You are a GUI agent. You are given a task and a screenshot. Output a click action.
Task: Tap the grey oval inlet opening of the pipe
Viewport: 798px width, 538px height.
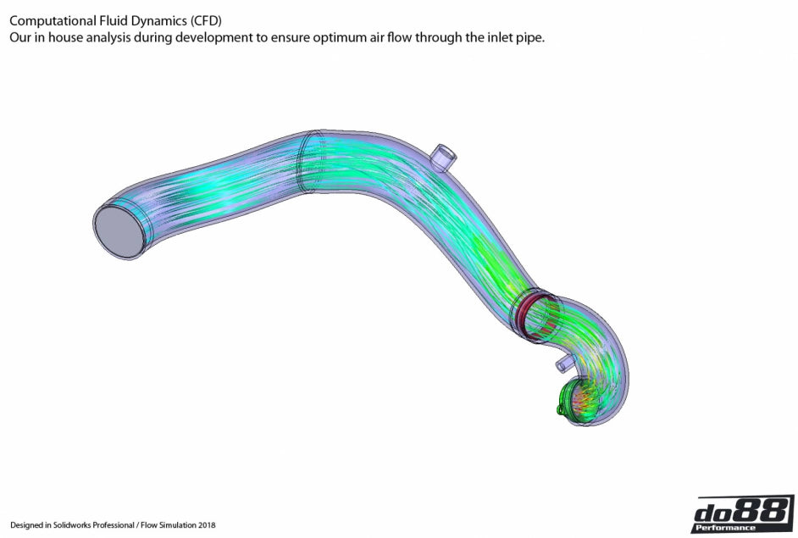(x=119, y=230)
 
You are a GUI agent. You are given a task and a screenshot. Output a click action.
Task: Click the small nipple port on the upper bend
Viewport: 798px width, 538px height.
(x=444, y=157)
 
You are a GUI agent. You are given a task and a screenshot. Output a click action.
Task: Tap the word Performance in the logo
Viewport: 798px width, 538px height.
(x=725, y=528)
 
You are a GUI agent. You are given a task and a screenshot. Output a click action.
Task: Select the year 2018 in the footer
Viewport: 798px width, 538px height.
(x=205, y=525)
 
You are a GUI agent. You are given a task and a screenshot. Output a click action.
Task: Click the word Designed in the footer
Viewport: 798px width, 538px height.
(x=26, y=525)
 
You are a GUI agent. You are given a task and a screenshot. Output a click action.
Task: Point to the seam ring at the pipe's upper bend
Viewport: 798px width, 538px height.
(x=306, y=164)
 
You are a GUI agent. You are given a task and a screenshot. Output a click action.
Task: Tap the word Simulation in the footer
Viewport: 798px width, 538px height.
(x=175, y=525)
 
